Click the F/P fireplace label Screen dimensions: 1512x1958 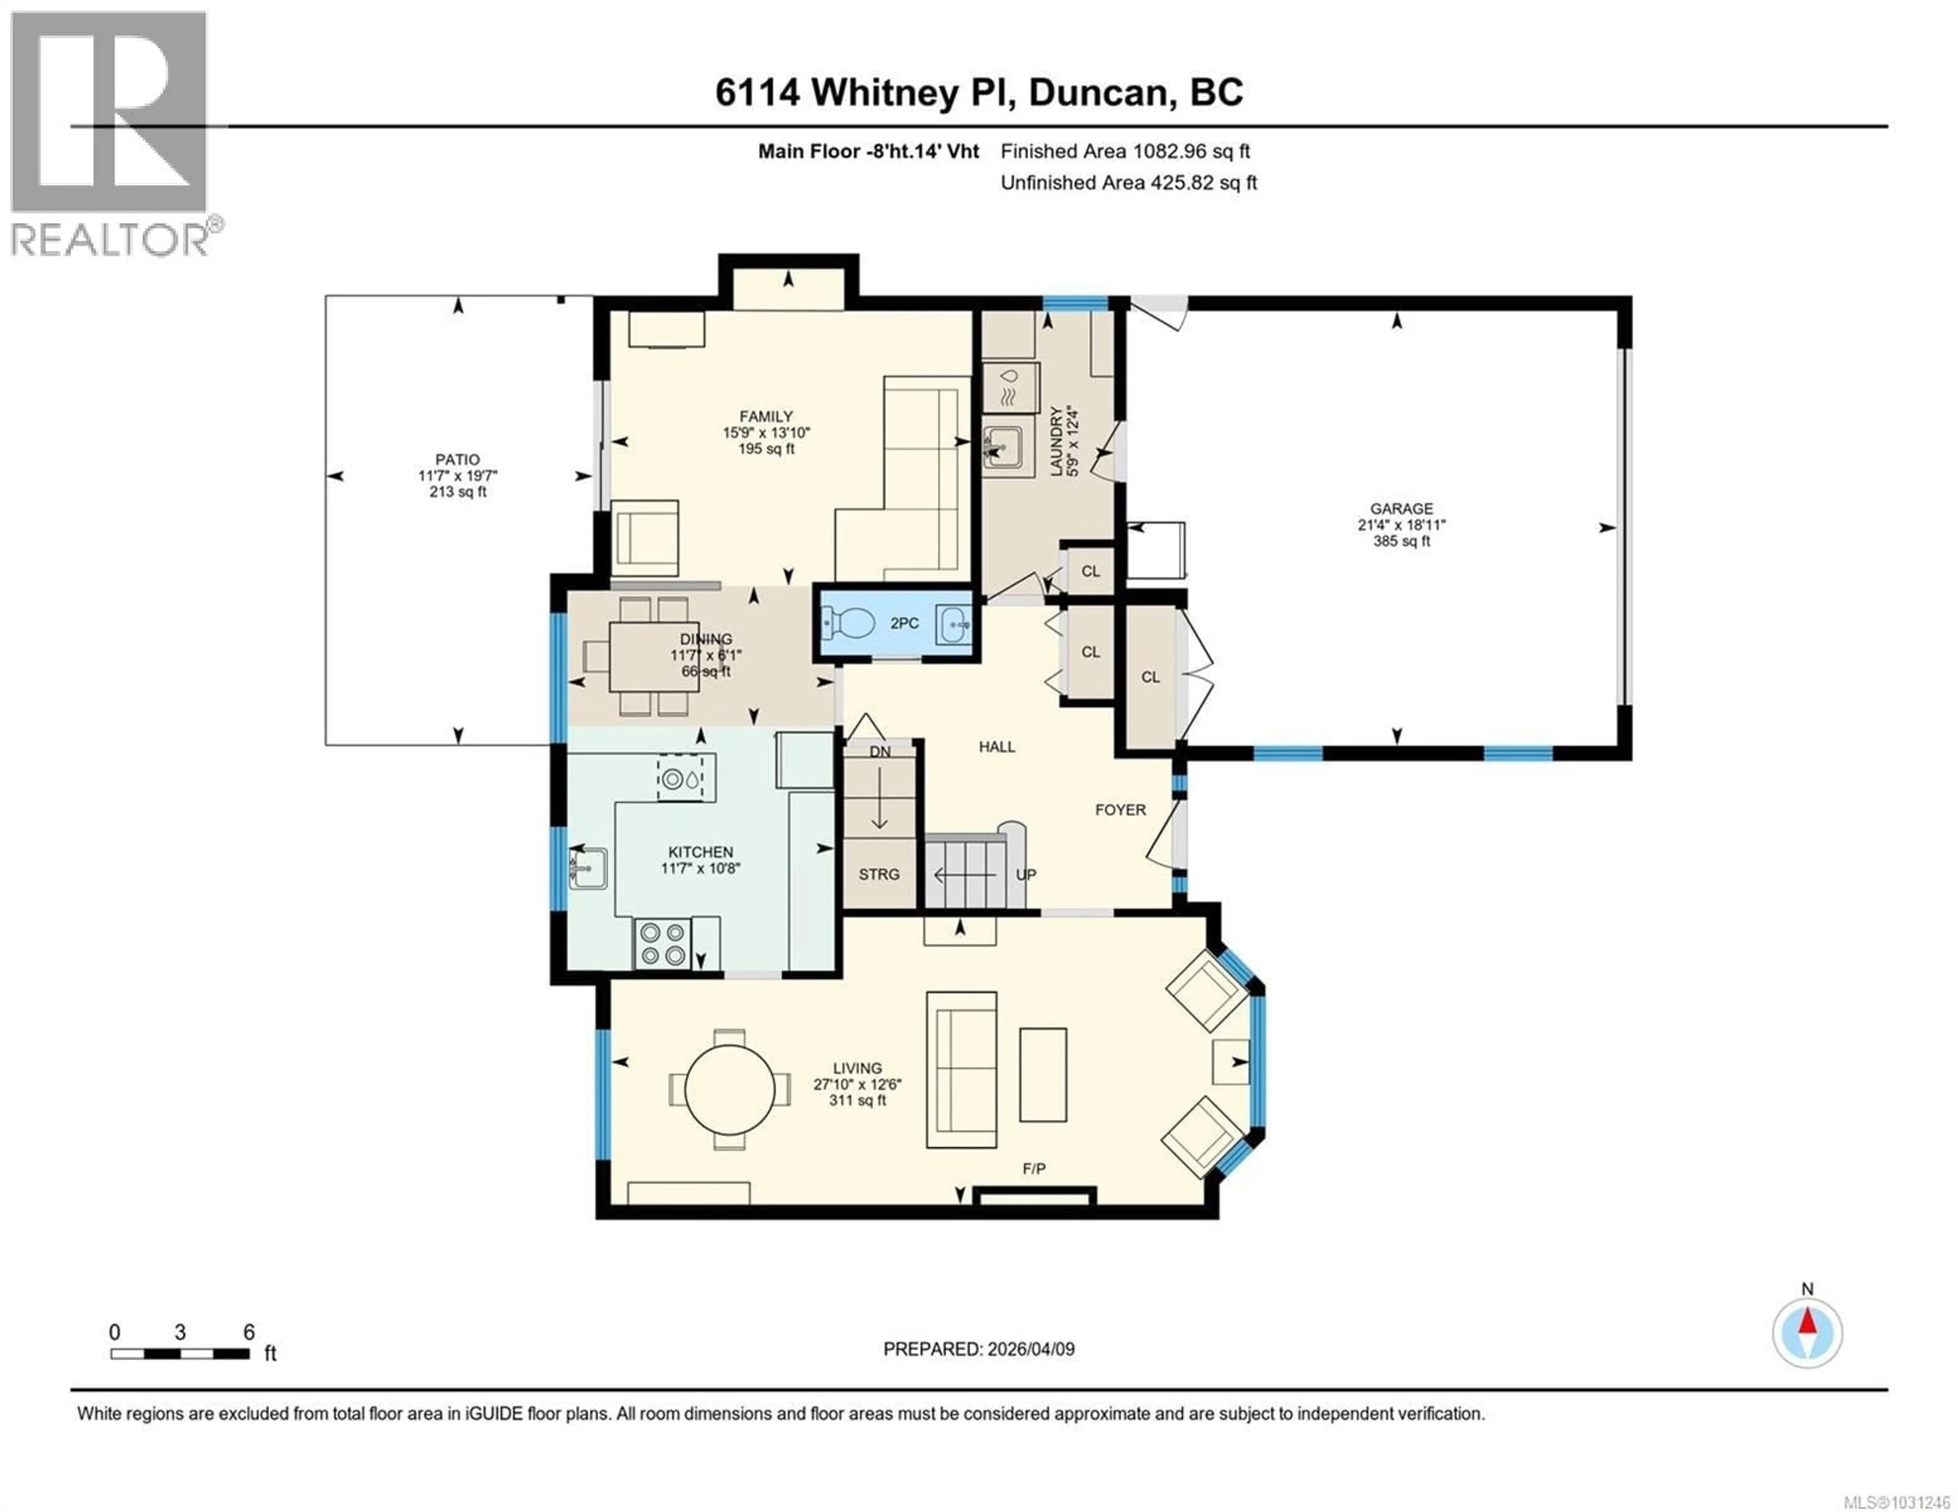point(1034,1169)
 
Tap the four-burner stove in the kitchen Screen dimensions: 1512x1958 point(662,944)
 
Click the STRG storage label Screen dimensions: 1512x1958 point(879,874)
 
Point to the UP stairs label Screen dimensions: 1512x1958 point(1025,874)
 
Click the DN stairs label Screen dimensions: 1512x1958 point(880,751)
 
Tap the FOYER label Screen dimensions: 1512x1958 point(1120,809)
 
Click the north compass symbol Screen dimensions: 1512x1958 point(1807,1333)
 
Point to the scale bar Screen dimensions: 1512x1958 point(180,1354)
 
